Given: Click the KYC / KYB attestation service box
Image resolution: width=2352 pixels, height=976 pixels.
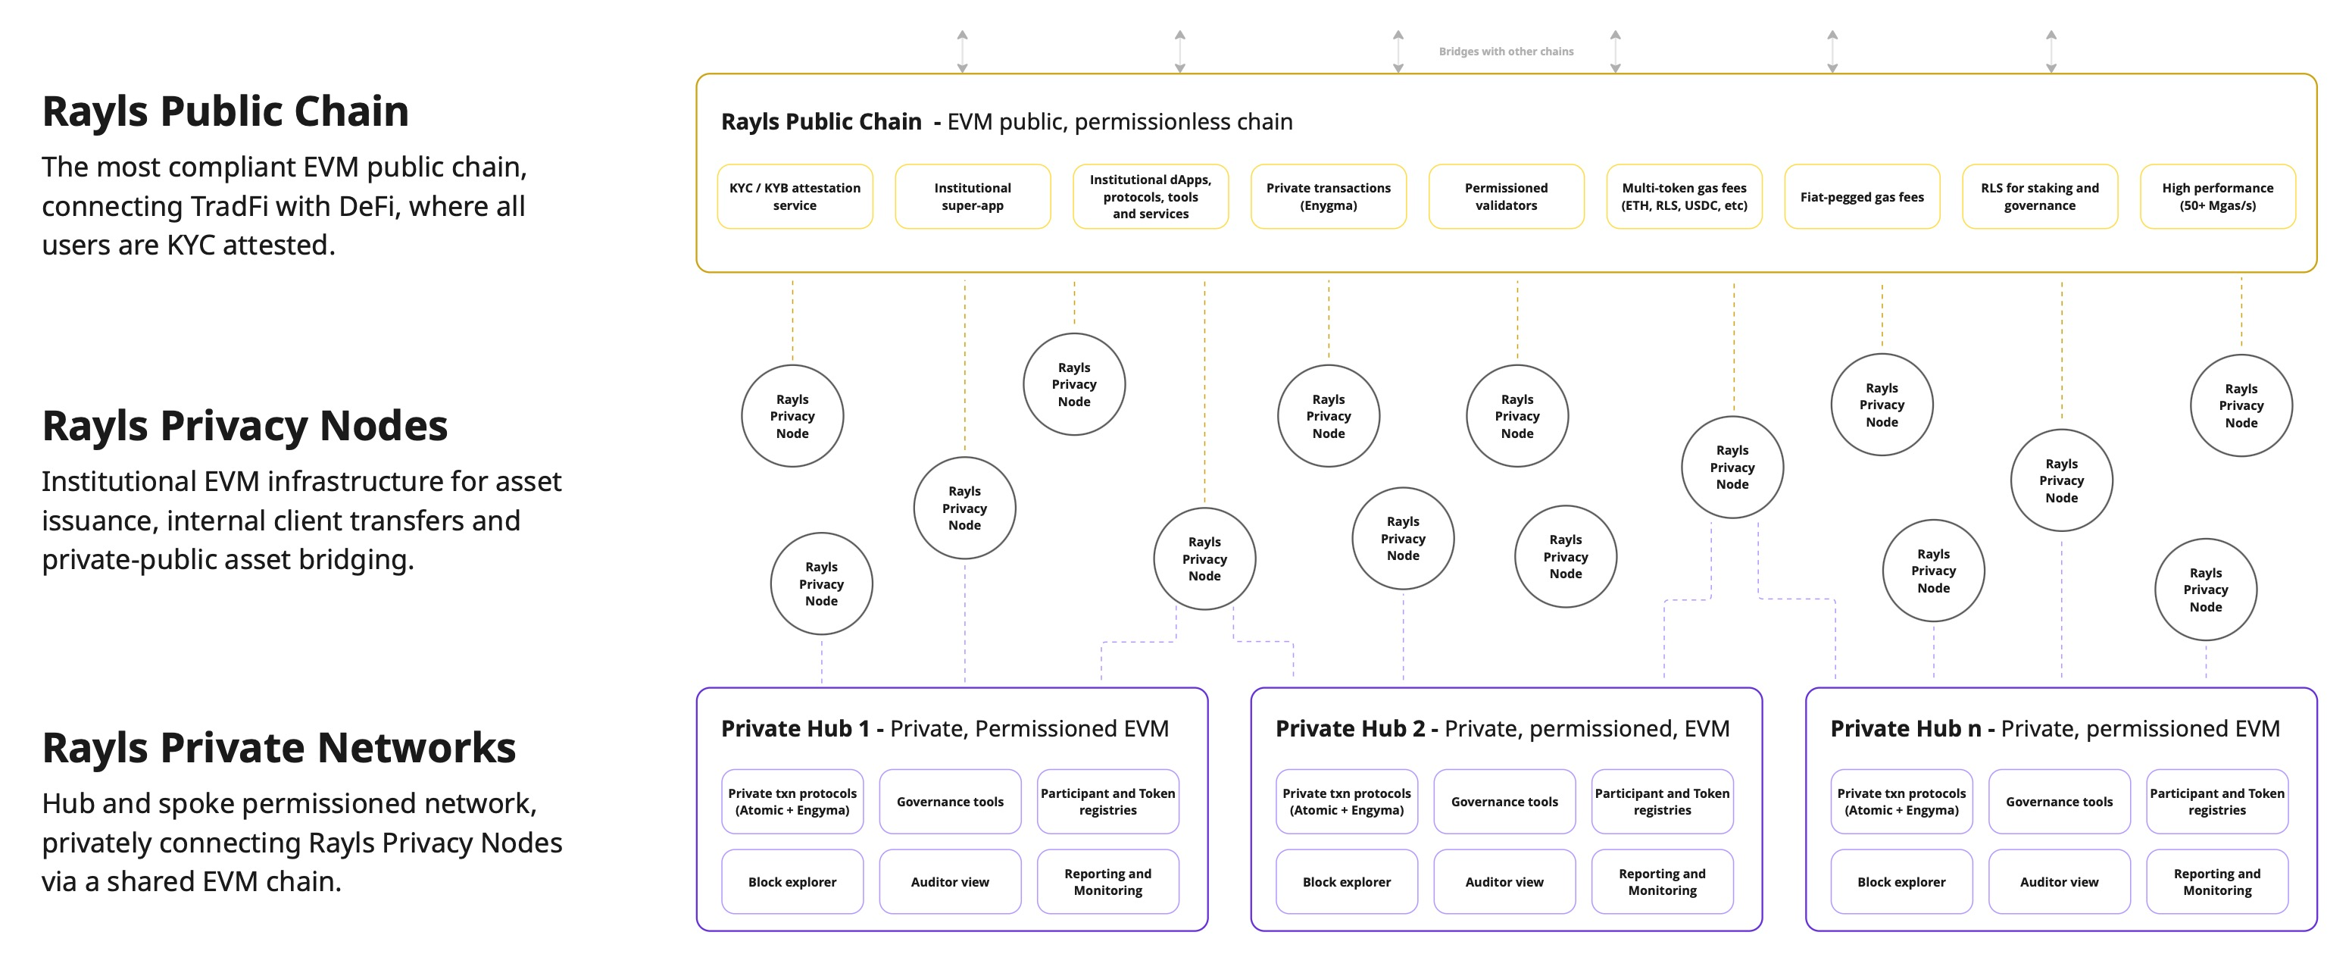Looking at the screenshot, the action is [795, 196].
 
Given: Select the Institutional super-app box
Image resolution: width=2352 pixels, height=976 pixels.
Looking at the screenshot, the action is [973, 196].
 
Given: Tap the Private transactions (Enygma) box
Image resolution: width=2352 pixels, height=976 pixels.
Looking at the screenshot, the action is [1329, 196].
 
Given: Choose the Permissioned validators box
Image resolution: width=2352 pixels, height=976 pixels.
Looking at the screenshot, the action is [1507, 196].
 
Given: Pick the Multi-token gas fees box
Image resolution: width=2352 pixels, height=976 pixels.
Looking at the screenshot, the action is [1685, 196].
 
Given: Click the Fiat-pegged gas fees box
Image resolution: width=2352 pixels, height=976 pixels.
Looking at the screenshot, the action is [1862, 196].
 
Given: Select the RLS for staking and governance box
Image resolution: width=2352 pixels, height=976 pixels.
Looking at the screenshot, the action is [2040, 196].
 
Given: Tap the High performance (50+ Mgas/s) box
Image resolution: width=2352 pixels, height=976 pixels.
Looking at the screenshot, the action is [2218, 196].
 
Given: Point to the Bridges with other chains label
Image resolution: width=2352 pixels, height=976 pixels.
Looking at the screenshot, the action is [1507, 51].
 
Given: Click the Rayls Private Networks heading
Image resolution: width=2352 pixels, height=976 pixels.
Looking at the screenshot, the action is [279, 748].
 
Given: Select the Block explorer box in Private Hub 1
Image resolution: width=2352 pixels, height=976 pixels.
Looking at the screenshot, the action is [792, 882].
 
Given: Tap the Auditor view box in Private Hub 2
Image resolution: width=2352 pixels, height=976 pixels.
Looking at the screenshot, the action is [1504, 882].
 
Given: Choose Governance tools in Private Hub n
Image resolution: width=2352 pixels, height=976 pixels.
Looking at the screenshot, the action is [2059, 802].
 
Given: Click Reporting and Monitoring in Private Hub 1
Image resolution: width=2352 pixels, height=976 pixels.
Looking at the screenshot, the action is [1107, 882].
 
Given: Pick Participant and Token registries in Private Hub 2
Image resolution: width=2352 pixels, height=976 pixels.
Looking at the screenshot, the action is [1662, 802].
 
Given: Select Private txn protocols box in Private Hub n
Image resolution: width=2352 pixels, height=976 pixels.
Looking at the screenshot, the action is [1901, 802].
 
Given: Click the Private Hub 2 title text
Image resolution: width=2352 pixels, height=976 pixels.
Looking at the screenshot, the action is [1503, 728].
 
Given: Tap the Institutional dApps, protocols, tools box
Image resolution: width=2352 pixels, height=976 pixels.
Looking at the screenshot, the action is [1151, 196].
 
